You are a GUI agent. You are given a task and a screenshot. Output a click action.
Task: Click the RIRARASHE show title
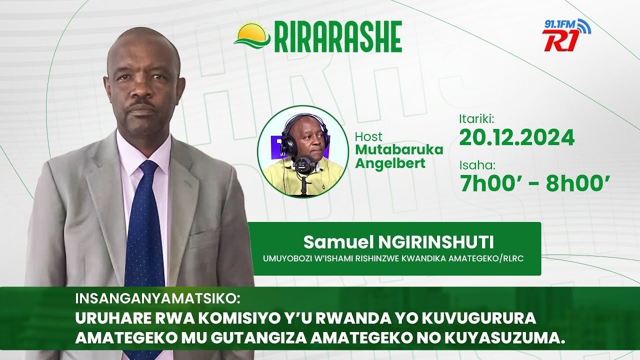click(x=338, y=37)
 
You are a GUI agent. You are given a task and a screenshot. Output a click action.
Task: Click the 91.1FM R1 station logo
click(x=566, y=35)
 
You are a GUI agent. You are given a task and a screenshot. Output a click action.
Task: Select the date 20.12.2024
click(x=516, y=137)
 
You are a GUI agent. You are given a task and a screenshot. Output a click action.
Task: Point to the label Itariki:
click(x=476, y=119)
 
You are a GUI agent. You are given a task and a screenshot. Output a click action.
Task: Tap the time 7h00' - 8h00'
click(x=534, y=183)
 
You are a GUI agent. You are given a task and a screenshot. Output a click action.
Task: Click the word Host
click(x=368, y=136)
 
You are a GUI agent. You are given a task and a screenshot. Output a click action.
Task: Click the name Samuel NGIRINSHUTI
click(x=398, y=242)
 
